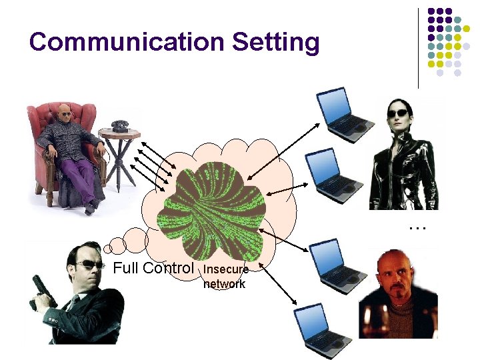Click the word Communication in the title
pos(127,41)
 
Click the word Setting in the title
pos(275,43)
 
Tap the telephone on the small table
pos(119,125)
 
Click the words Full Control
pos(153,269)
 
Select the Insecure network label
pos(225,277)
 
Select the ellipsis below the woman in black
pos(417,227)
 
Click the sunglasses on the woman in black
pos(398,113)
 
